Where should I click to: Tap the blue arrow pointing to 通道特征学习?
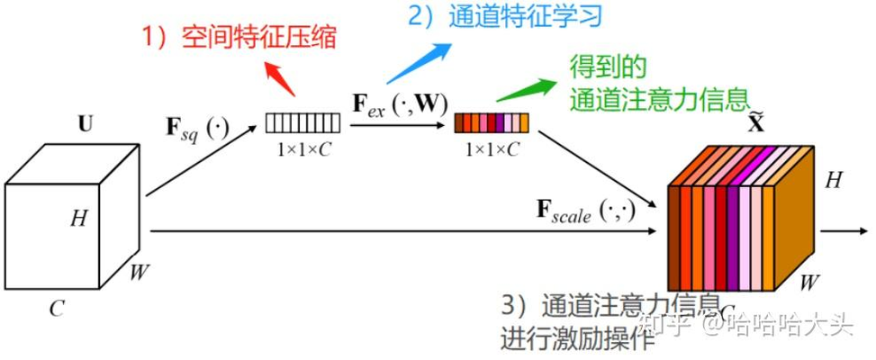419,62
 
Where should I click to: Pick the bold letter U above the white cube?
86,124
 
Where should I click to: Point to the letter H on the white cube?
79,217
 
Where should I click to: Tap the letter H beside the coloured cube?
834,181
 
